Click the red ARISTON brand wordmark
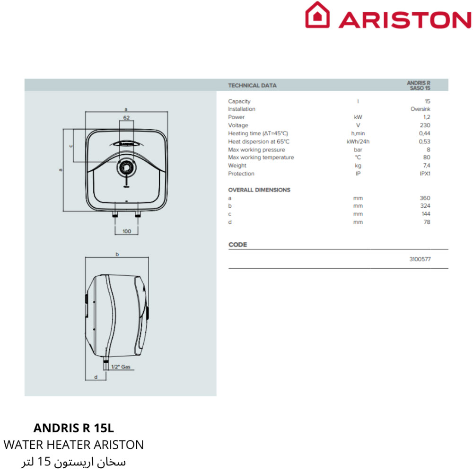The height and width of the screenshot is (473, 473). (x=405, y=20)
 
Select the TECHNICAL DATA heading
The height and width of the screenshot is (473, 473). (x=252, y=85)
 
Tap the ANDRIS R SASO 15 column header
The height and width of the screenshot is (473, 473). (x=419, y=85)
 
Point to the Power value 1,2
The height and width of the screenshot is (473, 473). (x=427, y=117)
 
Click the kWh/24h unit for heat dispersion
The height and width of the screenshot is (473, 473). (x=358, y=141)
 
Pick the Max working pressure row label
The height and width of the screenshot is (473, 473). (x=256, y=149)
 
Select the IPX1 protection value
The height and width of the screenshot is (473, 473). (x=425, y=174)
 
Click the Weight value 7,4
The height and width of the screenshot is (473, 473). (x=427, y=165)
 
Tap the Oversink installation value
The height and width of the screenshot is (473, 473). (x=420, y=109)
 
